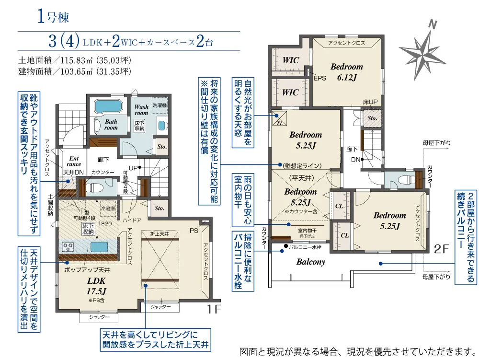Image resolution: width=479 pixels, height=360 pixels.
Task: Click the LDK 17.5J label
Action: point(96,286)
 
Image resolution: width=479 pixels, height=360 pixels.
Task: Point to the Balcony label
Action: point(310,262)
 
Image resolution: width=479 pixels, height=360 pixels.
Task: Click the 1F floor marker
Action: point(214,309)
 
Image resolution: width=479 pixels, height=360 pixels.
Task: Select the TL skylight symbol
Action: point(279,117)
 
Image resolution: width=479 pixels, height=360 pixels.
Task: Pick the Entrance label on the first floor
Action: point(74,161)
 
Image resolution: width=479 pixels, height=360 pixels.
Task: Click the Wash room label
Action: point(141,110)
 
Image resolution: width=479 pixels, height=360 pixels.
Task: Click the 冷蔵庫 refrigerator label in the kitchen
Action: point(108,209)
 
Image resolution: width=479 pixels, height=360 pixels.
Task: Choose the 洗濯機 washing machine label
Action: point(160,105)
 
